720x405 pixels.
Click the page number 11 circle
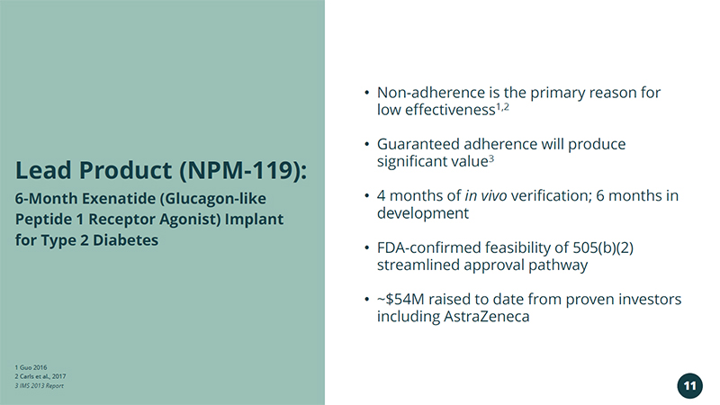click(x=689, y=386)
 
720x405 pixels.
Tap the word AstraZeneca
click(x=486, y=317)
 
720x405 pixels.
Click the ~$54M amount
click(x=400, y=300)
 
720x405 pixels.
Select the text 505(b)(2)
click(x=603, y=248)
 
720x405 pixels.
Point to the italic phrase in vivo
click(x=486, y=195)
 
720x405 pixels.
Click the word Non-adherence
click(x=431, y=93)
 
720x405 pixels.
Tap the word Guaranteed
click(x=418, y=144)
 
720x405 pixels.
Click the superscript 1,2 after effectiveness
click(x=502, y=106)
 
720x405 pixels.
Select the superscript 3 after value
click(x=490, y=158)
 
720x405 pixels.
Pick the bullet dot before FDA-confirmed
click(x=366, y=248)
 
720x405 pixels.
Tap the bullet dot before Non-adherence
click(x=366, y=93)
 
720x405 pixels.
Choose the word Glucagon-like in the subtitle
click(x=213, y=199)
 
